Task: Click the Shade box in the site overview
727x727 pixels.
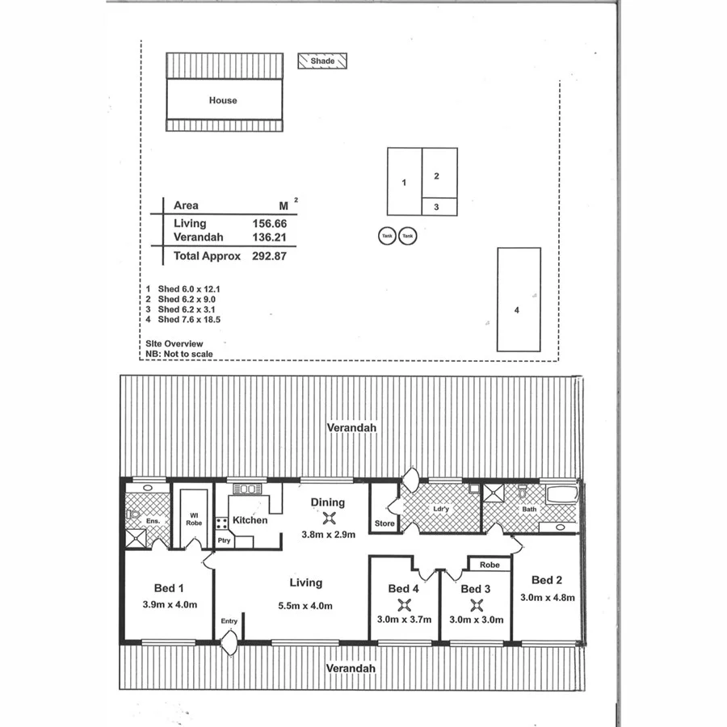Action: click(322, 61)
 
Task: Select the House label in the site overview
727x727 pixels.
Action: click(223, 100)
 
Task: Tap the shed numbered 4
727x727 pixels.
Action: click(518, 308)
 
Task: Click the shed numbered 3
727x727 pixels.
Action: click(436, 207)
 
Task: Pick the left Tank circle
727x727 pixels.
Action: click(387, 236)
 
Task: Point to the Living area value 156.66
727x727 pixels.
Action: click(270, 223)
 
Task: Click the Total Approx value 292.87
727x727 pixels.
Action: click(270, 256)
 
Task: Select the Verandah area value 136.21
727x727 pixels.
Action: click(270, 237)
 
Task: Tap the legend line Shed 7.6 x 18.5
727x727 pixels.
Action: click(183, 320)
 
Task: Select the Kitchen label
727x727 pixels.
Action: click(250, 520)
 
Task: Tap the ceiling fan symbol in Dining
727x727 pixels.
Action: click(329, 519)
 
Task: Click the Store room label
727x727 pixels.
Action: click(384, 524)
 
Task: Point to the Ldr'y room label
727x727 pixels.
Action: click(440, 509)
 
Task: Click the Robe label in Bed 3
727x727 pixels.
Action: click(490, 565)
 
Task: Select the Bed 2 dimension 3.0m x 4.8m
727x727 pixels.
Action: click(546, 598)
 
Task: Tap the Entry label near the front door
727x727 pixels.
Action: click(229, 620)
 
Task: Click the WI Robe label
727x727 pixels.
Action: click(194, 519)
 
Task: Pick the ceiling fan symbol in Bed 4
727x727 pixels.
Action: click(403, 604)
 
